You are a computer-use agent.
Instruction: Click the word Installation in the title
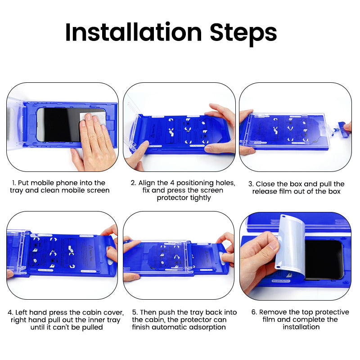(133, 32)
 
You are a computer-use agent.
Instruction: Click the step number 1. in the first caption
(14, 183)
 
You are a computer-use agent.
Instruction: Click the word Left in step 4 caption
(22, 312)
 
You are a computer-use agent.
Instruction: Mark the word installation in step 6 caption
(301, 328)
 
